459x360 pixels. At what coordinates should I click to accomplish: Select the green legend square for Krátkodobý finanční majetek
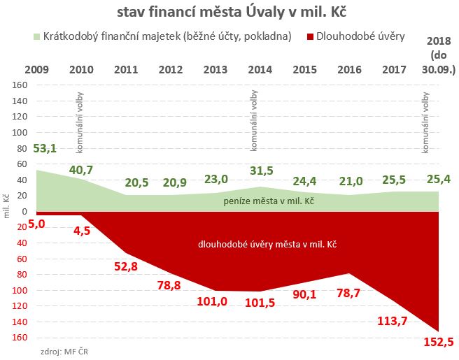[37, 36]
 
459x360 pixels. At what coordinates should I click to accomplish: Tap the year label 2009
[36, 69]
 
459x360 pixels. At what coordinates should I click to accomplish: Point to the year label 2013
[216, 69]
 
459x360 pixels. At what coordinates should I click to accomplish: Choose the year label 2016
[349, 69]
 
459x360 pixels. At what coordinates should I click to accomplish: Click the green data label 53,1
[45, 148]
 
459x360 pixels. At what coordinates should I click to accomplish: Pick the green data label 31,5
[260, 172]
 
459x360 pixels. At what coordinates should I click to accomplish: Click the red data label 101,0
[216, 302]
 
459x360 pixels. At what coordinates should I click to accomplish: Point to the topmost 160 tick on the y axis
[19, 85]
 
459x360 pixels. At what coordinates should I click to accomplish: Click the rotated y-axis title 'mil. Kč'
[6, 207]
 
